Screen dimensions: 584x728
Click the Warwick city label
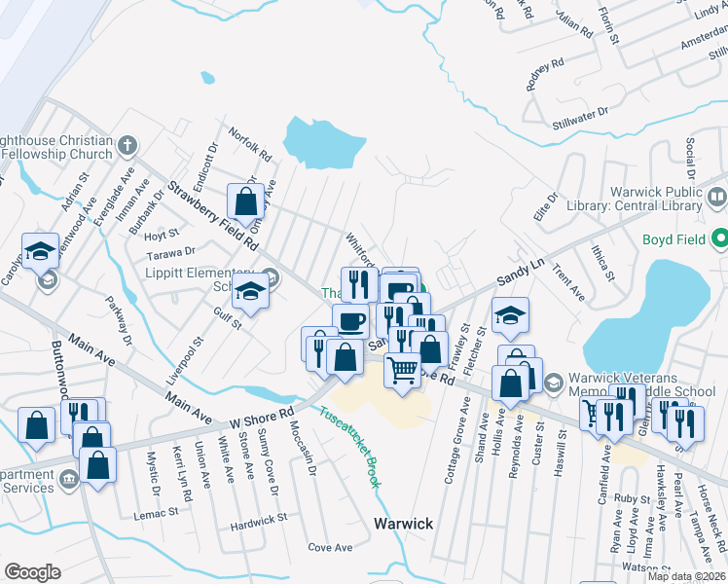click(403, 524)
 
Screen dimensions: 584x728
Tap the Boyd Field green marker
click(719, 237)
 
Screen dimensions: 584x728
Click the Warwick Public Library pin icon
click(718, 198)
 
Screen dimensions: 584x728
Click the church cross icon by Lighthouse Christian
click(127, 147)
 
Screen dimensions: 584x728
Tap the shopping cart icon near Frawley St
click(402, 370)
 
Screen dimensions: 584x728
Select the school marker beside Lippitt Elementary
click(250, 291)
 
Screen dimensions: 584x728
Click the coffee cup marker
click(350, 320)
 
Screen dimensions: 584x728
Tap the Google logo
click(32, 571)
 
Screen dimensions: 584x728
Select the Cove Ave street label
click(330, 548)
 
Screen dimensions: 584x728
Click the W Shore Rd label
click(262, 413)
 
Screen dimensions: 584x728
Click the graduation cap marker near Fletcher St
click(509, 314)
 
